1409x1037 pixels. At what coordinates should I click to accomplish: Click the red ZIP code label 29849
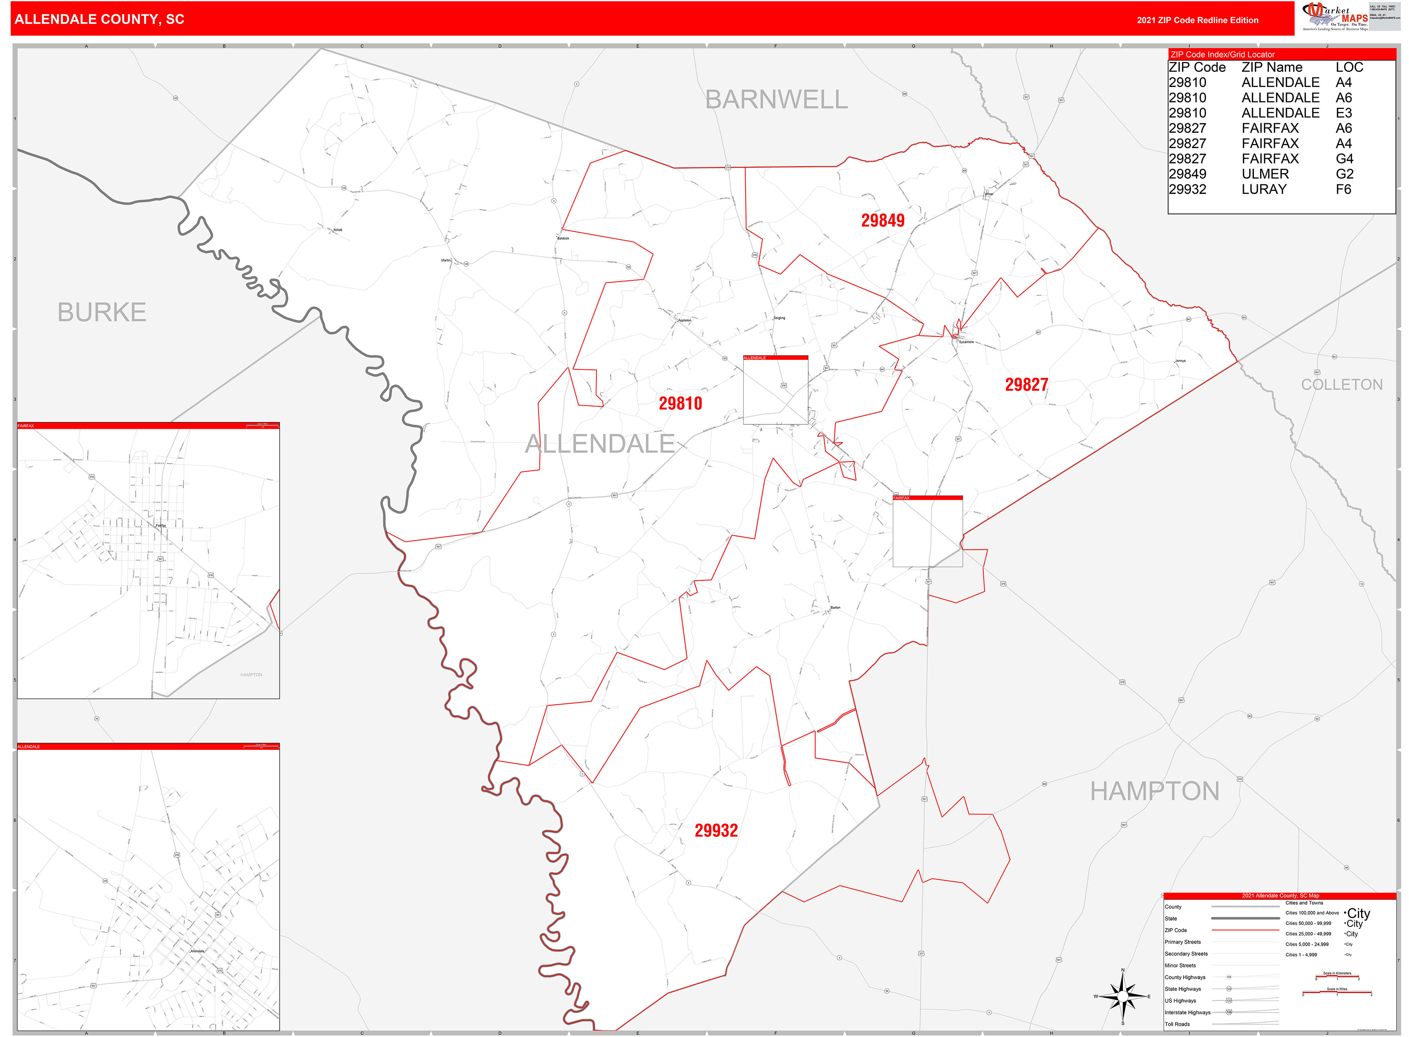tap(882, 220)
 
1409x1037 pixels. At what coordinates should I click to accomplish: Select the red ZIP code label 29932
tap(716, 830)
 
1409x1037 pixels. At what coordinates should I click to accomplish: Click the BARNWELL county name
tap(776, 100)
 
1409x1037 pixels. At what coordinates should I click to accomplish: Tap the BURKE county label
tap(102, 312)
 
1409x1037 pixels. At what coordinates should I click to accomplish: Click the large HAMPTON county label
tap(1154, 791)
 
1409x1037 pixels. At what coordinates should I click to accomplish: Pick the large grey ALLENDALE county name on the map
tap(600, 444)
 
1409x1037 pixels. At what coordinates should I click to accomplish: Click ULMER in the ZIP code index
tap(1265, 174)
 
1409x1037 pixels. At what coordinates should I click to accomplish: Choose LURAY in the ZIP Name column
tap(1263, 189)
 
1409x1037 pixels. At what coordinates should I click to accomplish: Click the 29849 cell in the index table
tap(1187, 174)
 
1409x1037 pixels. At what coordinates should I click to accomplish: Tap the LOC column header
tap(1349, 67)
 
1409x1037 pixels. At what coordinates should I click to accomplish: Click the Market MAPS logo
tap(1336, 16)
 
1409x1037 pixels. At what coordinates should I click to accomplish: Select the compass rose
tap(1123, 996)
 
